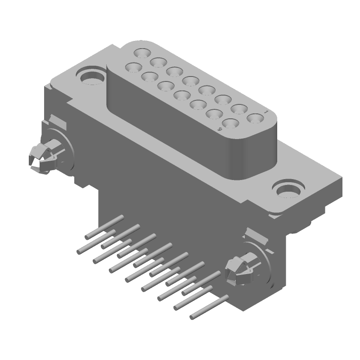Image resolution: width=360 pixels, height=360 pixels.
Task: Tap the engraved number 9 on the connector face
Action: [x=220, y=129]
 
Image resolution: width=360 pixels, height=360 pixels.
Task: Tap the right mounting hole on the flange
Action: [x=287, y=188]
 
